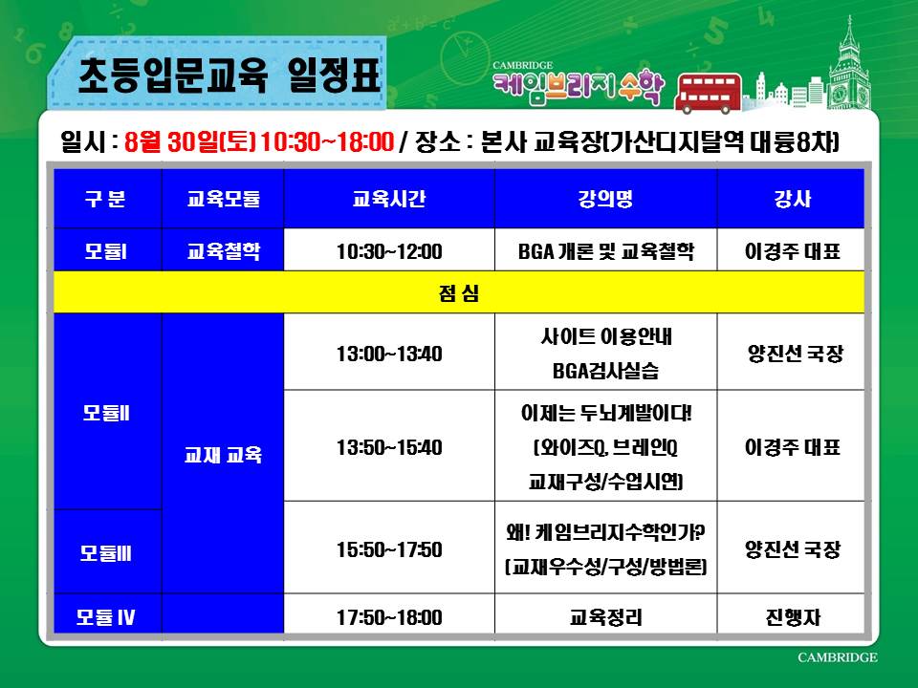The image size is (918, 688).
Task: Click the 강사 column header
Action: tap(792, 199)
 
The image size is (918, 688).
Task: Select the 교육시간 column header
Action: tap(389, 199)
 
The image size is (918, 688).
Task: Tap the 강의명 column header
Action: tap(605, 199)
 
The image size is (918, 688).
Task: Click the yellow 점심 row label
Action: tap(458, 292)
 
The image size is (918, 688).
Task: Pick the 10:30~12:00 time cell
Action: tap(389, 251)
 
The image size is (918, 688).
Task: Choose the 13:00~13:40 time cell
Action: tap(389, 354)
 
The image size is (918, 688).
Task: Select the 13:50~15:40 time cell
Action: tap(389, 447)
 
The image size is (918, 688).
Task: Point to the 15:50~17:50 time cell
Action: tap(389, 549)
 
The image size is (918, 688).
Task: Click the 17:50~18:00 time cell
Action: tap(389, 617)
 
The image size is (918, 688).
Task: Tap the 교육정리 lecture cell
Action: tap(605, 617)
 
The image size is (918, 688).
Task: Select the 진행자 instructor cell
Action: tap(792, 617)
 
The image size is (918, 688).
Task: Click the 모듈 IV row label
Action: tap(106, 617)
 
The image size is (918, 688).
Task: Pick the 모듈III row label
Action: tap(106, 553)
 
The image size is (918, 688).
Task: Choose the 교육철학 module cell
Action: tap(223, 251)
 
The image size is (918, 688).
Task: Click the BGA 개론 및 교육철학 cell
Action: tap(605, 251)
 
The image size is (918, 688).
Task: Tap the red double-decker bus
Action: tap(708, 93)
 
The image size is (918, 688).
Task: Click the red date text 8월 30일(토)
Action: tap(190, 141)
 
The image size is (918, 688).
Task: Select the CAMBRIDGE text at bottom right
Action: tap(838, 657)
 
